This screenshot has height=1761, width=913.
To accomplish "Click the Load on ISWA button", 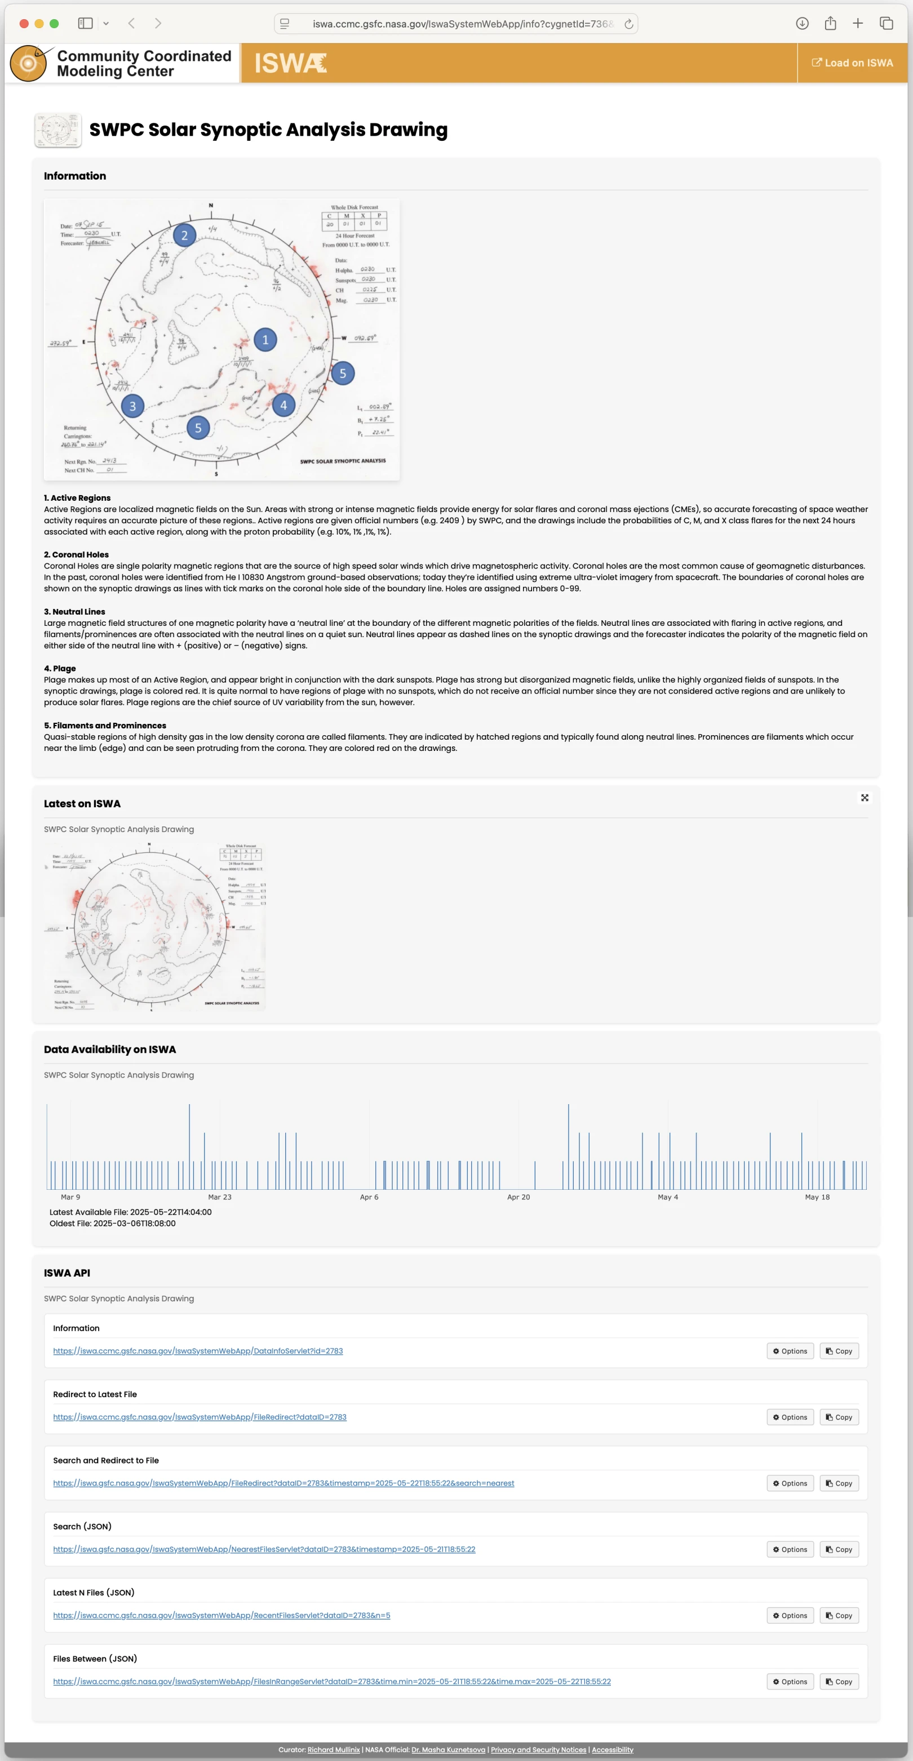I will (852, 63).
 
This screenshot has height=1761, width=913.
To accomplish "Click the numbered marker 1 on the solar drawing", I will (265, 340).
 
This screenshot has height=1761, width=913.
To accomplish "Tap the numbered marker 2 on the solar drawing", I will (184, 235).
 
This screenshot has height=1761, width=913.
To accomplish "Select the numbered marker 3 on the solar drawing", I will (132, 406).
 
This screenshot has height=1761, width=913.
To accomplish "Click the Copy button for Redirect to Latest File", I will (839, 1417).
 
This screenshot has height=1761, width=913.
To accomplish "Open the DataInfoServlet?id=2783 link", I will (198, 1351).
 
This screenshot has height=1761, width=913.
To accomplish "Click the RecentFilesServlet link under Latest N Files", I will (221, 1616).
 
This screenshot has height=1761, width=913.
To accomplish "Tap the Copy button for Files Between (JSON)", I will (839, 1682).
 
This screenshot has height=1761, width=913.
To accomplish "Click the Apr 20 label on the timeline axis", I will (518, 1197).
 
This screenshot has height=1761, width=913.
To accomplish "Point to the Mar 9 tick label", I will (70, 1197).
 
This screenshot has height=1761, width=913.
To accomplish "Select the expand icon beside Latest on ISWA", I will (865, 798).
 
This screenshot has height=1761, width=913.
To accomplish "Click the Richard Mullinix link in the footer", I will (334, 1750).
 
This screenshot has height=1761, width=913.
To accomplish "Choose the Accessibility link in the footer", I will (612, 1750).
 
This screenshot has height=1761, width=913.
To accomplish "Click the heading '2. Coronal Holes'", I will (76, 554).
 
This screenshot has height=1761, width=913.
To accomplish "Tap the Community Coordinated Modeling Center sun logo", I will (29, 64).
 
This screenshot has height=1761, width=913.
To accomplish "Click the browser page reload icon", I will (628, 24).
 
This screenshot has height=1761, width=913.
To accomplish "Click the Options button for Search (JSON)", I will (790, 1550).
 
